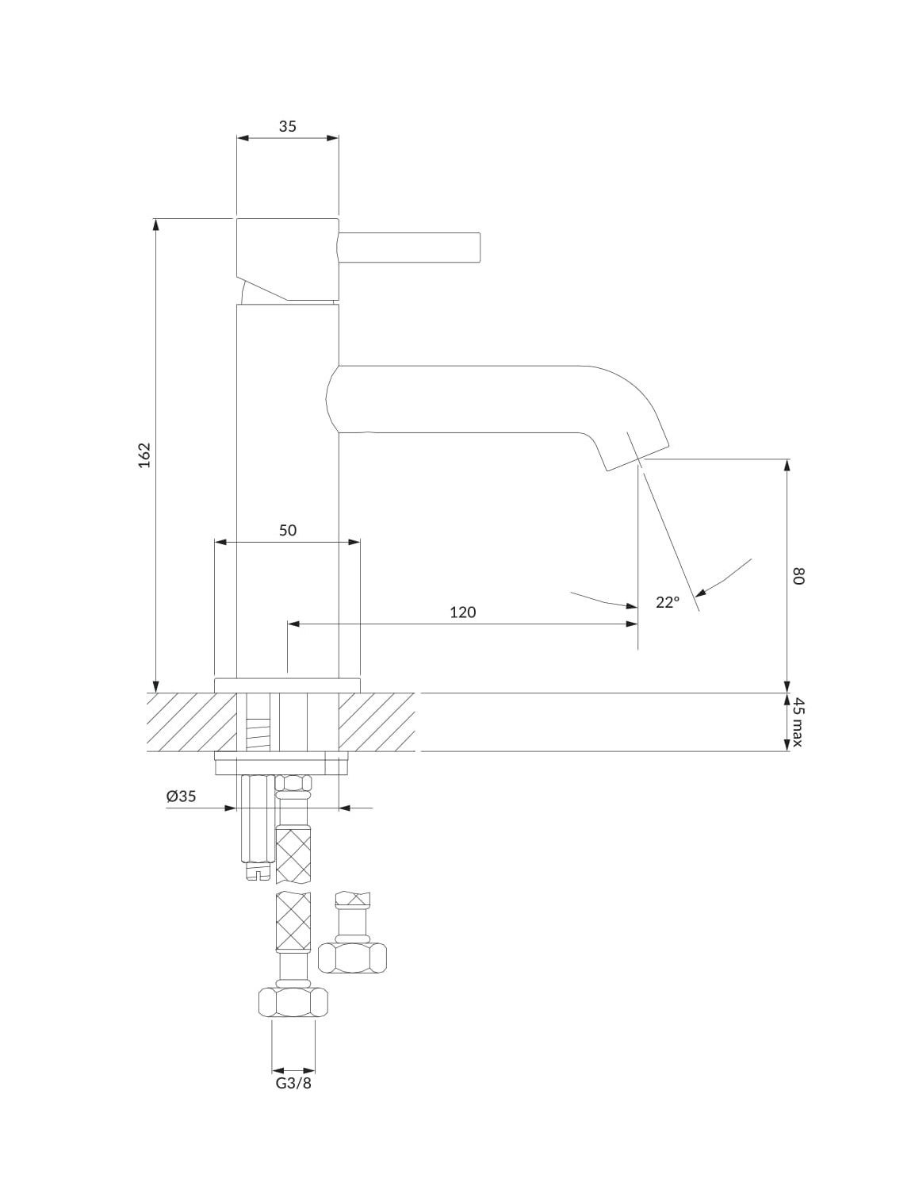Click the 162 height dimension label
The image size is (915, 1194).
[x=144, y=455]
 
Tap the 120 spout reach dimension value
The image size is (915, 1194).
[x=462, y=612]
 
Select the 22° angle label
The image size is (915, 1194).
[x=668, y=602]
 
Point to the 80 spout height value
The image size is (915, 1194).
[x=798, y=576]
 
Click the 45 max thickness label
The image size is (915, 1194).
[x=798, y=722]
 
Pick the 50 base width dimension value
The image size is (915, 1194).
[x=288, y=530]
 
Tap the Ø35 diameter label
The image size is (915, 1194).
[x=181, y=797]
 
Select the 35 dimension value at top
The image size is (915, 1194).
[x=287, y=126]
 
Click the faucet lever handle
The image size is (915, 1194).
[x=409, y=248]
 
